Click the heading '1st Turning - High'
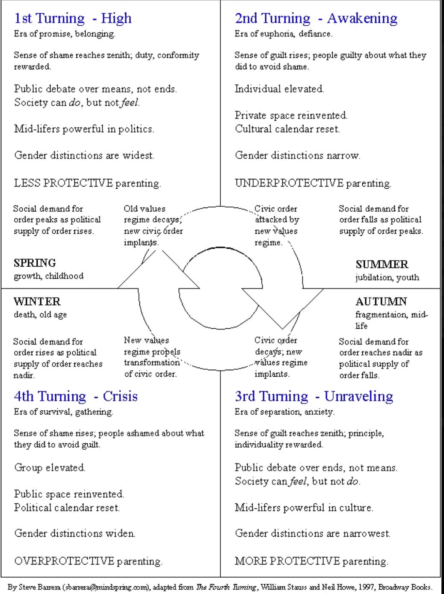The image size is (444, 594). point(73,18)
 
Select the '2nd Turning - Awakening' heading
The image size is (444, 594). point(316,18)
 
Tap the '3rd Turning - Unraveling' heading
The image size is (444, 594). point(314,396)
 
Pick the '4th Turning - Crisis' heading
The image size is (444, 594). point(76,396)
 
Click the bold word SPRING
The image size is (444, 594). point(35,263)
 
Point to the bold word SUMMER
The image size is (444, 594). point(382,264)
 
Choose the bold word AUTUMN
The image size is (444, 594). point(381,302)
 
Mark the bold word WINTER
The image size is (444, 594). point(37,302)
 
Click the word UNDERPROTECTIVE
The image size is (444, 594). point(289,183)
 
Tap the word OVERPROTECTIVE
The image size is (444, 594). point(64,561)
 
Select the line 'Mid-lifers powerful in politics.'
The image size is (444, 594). point(84,129)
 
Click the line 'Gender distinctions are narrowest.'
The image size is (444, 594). point(312,534)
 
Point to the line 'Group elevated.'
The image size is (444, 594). point(50,468)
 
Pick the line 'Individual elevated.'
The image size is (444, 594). point(279,89)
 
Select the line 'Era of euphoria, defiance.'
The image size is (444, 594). point(283,34)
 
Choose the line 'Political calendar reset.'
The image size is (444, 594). point(67,508)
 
